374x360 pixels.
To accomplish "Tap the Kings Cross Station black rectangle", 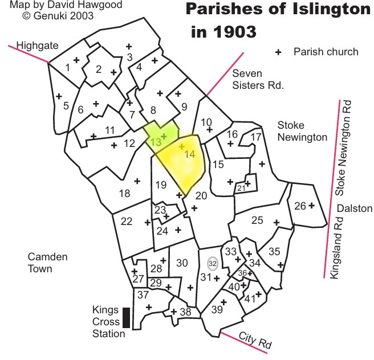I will [x=126, y=318].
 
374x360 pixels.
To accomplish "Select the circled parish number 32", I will [x=213, y=264].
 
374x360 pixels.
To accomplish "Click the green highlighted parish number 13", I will [x=155, y=142].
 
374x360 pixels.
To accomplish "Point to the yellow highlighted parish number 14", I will [x=190, y=154].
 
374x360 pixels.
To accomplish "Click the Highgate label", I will [x=34, y=46].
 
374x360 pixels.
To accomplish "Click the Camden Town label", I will [x=48, y=263].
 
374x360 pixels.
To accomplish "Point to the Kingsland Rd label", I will [x=337, y=246].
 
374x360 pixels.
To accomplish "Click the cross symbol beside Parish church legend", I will [x=279, y=52].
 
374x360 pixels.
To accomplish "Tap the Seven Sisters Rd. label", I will [x=257, y=79].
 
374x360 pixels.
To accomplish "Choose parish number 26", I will [x=300, y=206].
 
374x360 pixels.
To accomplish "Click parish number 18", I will [x=124, y=193].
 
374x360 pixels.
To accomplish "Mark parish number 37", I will [x=143, y=294].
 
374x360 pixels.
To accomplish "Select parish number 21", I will [x=241, y=187].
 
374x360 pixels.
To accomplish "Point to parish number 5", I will [x=66, y=105].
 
